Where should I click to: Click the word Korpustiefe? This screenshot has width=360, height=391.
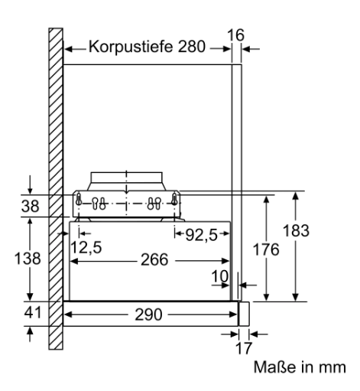[x=131, y=47]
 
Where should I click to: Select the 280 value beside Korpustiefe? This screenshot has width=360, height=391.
[x=192, y=47]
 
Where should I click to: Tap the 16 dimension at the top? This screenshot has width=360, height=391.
[x=235, y=35]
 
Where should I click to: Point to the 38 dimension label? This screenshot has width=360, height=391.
[x=30, y=206]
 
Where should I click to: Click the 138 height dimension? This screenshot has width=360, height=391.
[x=28, y=258]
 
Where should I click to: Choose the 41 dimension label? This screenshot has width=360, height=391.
[x=32, y=312]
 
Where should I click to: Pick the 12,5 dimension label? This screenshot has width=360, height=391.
[x=86, y=247]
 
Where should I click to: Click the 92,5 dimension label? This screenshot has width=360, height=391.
[x=201, y=235]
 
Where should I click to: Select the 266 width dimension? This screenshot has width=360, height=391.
[x=154, y=259]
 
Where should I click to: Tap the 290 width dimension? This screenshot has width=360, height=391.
[x=148, y=314]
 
